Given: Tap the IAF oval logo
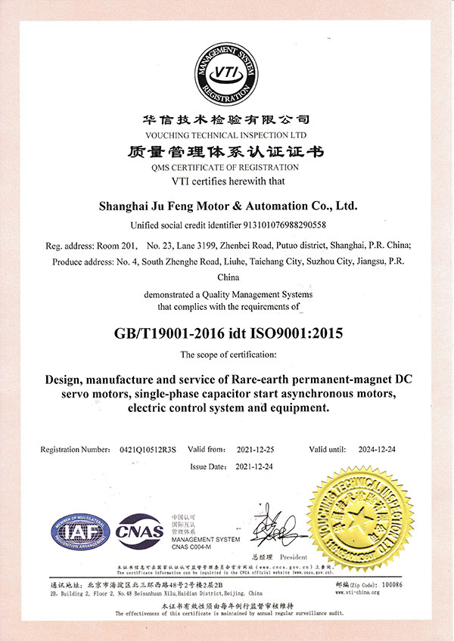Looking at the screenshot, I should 78,531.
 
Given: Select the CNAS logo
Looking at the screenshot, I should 140,530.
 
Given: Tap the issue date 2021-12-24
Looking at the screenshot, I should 253,466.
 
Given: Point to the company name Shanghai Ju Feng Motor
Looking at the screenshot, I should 229,205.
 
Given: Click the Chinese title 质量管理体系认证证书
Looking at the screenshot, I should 227,152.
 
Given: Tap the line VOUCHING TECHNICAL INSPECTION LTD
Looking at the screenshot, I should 227,132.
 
